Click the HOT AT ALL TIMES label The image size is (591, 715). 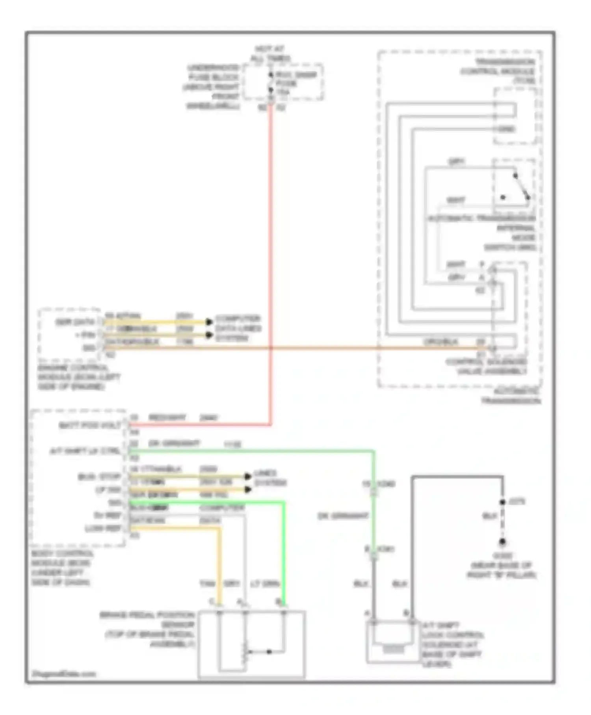coord(271,54)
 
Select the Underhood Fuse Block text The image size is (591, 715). coord(213,87)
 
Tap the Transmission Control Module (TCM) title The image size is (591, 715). coord(498,71)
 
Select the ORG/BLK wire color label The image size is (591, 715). coord(441,342)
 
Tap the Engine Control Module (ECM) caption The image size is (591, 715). coord(78,377)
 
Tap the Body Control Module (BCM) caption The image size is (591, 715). coord(62,568)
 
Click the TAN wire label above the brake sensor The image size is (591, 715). coord(207,584)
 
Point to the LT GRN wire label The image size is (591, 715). coord(265,584)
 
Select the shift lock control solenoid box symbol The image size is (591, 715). coord(392,641)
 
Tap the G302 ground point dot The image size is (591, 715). coord(502,542)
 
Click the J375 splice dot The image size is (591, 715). coord(502,502)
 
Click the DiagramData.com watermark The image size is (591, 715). coord(64,674)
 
